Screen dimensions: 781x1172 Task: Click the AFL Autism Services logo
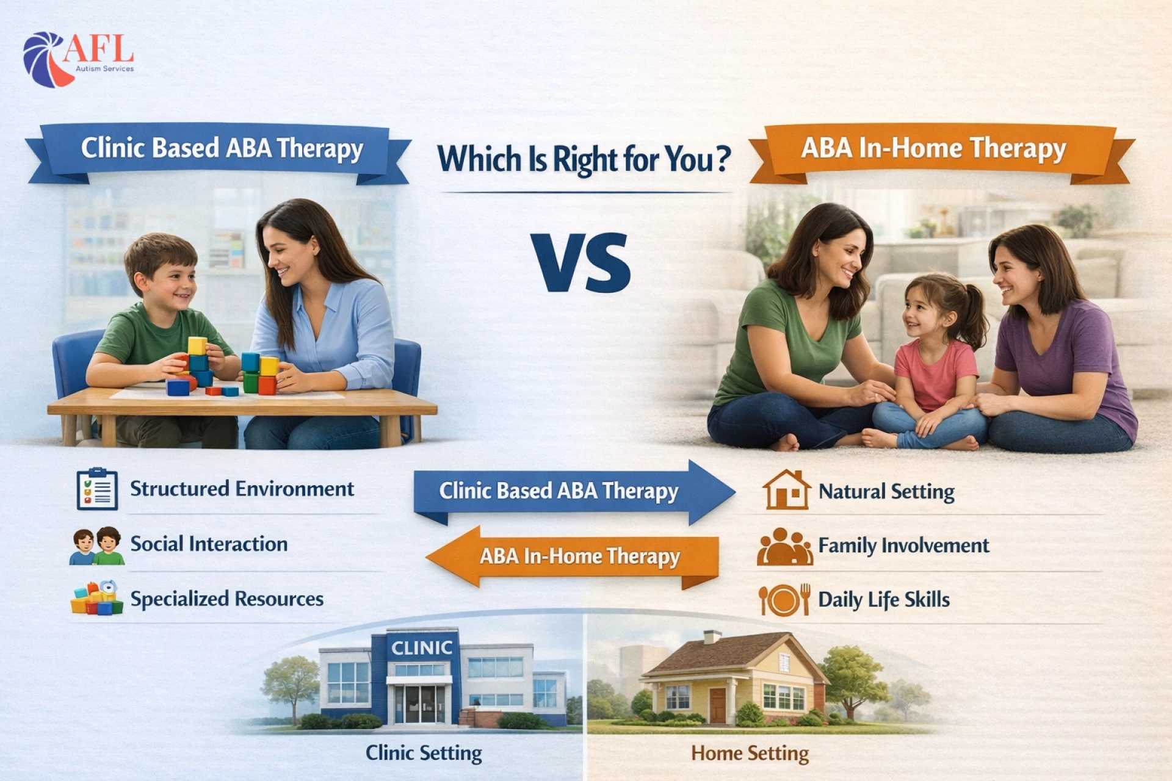pyautogui.click(x=78, y=59)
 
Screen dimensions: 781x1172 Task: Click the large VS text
pyautogui.click(x=581, y=262)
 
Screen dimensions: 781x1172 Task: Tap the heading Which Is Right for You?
pyautogui.click(x=584, y=159)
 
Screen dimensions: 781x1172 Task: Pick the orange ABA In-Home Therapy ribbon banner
pyautogui.click(x=934, y=149)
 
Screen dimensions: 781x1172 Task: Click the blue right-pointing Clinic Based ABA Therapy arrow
pyautogui.click(x=568, y=492)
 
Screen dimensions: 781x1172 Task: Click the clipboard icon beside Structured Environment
pyautogui.click(x=97, y=489)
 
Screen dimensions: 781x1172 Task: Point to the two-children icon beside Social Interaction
pyautogui.click(x=96, y=545)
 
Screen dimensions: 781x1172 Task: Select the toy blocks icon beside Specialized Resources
pyautogui.click(x=96, y=599)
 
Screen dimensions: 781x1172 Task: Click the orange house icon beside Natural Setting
pyautogui.click(x=786, y=489)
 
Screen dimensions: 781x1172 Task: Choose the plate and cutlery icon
pyautogui.click(x=784, y=600)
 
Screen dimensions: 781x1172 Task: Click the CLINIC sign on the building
pyautogui.click(x=422, y=648)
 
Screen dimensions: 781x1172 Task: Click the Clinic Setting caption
pyautogui.click(x=424, y=753)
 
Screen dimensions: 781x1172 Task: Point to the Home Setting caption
pyautogui.click(x=750, y=754)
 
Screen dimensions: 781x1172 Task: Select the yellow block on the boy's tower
pyautogui.click(x=197, y=346)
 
